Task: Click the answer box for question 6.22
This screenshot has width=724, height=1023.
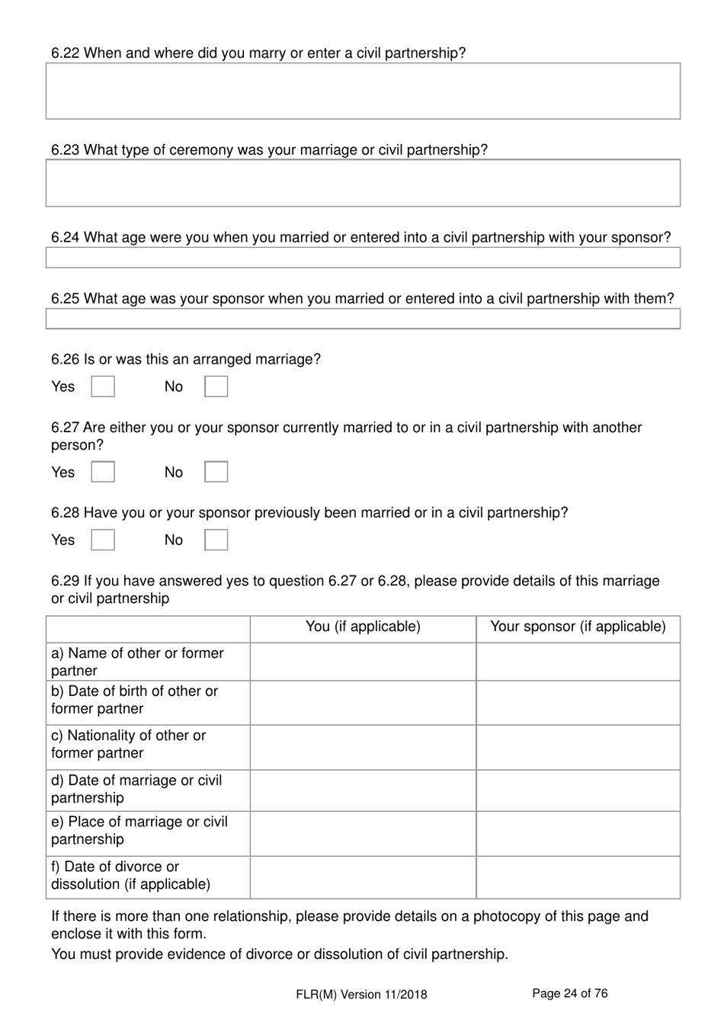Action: pyautogui.click(x=363, y=91)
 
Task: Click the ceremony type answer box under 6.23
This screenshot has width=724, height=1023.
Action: pyautogui.click(x=363, y=183)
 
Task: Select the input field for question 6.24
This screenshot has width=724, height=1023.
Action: pyautogui.click(x=363, y=258)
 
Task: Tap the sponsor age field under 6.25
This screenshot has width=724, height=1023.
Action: pyautogui.click(x=363, y=319)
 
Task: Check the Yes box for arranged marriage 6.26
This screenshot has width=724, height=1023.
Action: pyautogui.click(x=103, y=386)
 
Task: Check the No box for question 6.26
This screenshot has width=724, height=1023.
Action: pyautogui.click(x=216, y=386)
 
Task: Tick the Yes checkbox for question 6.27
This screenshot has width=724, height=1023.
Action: pyautogui.click(x=103, y=472)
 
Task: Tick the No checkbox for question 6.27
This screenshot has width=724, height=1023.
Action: pyautogui.click(x=216, y=472)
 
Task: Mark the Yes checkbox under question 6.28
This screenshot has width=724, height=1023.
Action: pyautogui.click(x=103, y=540)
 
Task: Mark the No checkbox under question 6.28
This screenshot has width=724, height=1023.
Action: pyautogui.click(x=216, y=540)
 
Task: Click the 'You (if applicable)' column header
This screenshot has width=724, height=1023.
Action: pyautogui.click(x=363, y=627)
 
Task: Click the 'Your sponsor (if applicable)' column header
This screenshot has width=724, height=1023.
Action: pyautogui.click(x=578, y=627)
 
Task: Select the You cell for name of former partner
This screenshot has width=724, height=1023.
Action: pyautogui.click(x=363, y=662)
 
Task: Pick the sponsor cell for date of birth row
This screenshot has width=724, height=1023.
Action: pyautogui.click(x=578, y=702)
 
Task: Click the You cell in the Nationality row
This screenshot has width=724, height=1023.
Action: pyautogui.click(x=363, y=746)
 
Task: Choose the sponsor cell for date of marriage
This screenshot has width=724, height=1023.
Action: pyautogui.click(x=578, y=790)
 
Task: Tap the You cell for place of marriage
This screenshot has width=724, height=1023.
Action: pyautogui.click(x=363, y=832)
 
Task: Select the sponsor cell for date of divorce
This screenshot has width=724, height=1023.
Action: pyautogui.click(x=578, y=877)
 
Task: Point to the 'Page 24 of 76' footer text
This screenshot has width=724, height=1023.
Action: pyautogui.click(x=569, y=993)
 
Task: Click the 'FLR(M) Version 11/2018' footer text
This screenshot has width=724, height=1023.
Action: pyautogui.click(x=362, y=994)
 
